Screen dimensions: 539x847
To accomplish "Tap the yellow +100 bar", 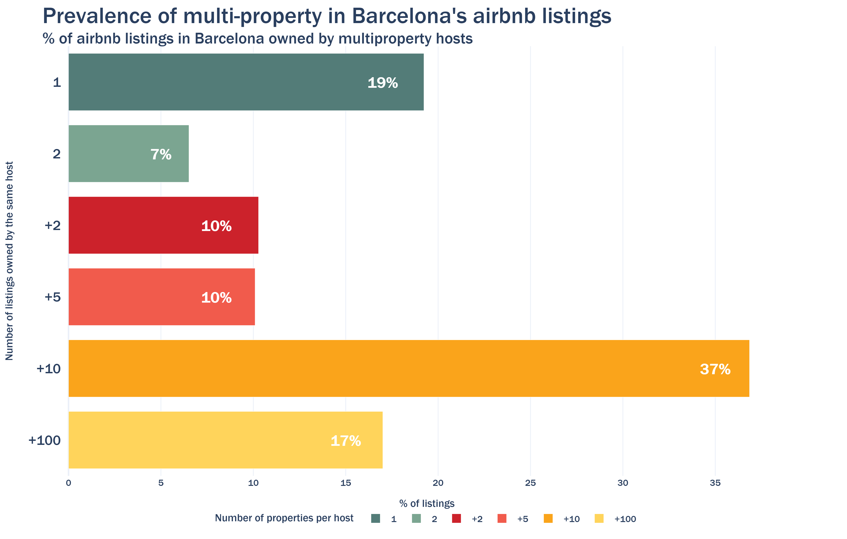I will tap(225, 440).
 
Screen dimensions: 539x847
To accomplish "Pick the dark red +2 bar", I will tap(163, 225).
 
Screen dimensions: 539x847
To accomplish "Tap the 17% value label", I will tap(346, 441).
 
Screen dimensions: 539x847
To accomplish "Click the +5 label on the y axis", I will tap(52, 297).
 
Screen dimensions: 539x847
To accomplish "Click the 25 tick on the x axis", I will tap(530, 483).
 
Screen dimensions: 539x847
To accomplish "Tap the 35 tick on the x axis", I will tap(715, 483).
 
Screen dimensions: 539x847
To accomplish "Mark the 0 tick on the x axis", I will tap(69, 483).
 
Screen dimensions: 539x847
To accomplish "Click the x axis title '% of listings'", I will tap(427, 503).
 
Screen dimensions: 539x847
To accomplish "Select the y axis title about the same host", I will tap(9, 261).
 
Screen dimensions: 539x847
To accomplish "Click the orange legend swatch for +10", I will tap(548, 519).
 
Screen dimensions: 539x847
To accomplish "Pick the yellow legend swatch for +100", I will tap(599, 519).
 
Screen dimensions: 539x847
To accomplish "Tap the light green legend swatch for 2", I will tap(416, 519).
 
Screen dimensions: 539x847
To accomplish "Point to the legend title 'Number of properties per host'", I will tap(284, 518).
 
